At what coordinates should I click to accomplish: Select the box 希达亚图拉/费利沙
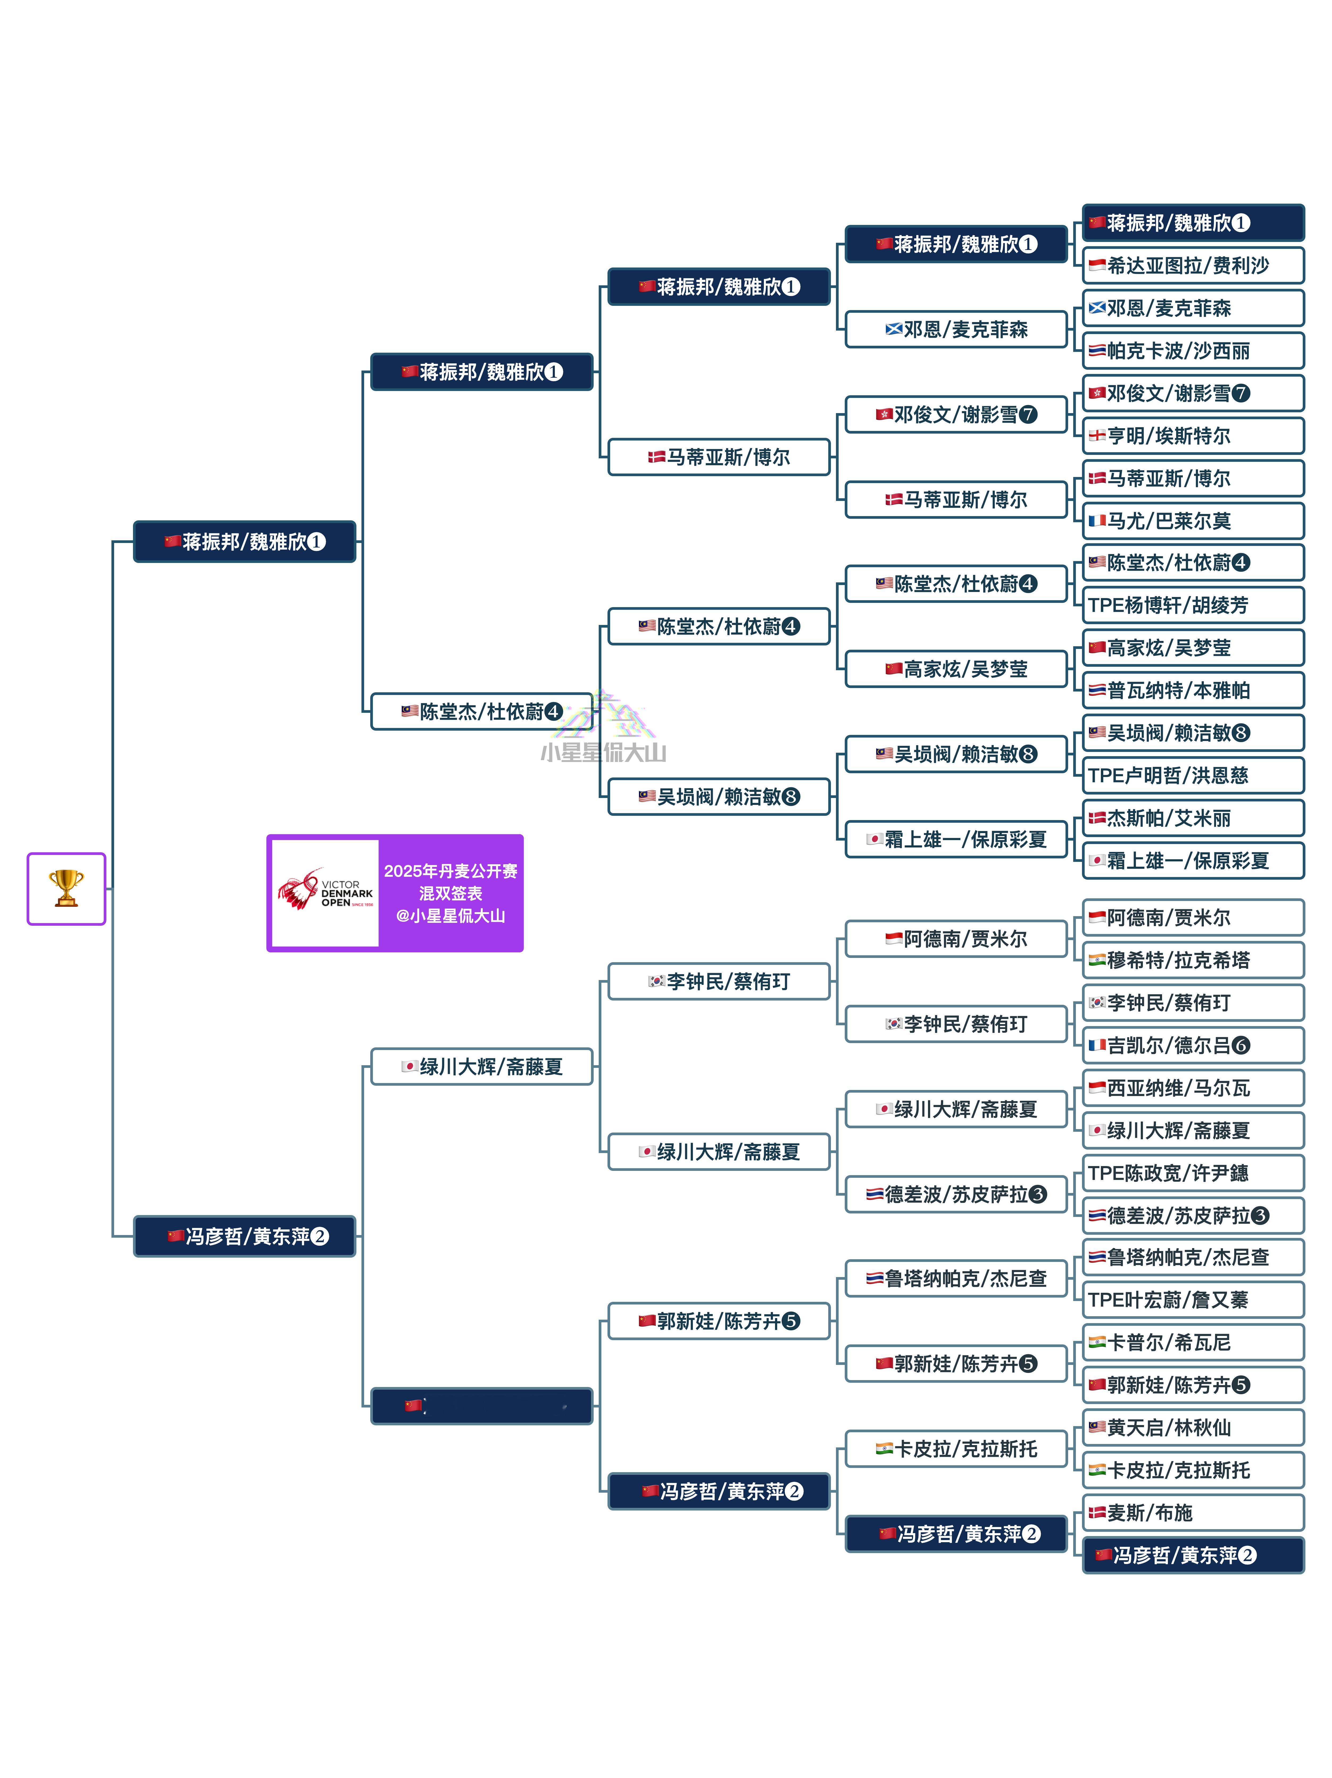point(1193,265)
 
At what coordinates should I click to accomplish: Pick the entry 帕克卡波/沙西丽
point(1193,351)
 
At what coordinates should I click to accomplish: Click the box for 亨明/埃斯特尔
point(1193,436)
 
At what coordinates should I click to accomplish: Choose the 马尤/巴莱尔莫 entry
point(1193,521)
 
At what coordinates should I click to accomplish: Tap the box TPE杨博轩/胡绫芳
point(1193,605)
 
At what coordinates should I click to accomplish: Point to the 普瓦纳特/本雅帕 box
point(1193,690)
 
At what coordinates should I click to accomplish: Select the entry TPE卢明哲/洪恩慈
point(1193,776)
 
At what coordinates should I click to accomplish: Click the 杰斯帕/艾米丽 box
point(1193,818)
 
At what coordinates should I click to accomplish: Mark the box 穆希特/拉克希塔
point(1193,960)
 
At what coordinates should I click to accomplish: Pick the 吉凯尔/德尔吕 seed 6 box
point(1193,1045)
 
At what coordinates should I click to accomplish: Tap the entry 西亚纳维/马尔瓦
point(1193,1088)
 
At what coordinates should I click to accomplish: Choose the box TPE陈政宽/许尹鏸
point(1193,1173)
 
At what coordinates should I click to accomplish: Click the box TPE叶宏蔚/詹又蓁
point(1193,1300)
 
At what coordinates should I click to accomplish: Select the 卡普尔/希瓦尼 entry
point(1193,1342)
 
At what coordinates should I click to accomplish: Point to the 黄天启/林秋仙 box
point(1193,1427)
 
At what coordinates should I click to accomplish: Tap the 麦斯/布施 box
point(1193,1513)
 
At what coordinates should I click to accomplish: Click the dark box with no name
point(481,1406)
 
